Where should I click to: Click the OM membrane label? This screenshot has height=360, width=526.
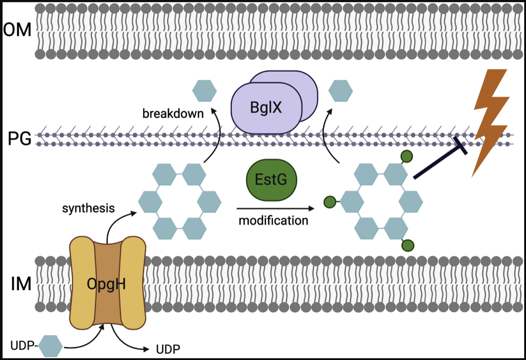pos(17,31)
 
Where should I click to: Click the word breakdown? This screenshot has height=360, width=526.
pos(173,113)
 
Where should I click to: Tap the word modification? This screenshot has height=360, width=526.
pos(274,220)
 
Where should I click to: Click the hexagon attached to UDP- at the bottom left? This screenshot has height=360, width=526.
pos(51,347)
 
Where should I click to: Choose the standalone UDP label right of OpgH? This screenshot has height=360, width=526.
pos(168,349)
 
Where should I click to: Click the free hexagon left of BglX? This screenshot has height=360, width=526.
pos(204,91)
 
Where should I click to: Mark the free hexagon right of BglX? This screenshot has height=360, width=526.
pos(341,91)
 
